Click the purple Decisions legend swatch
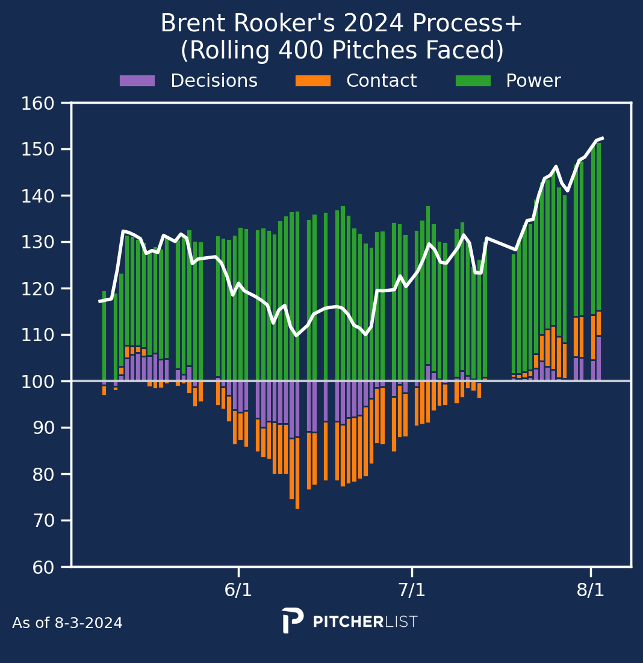tap(137, 81)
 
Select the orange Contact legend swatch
tap(313, 81)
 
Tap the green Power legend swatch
tap(473, 81)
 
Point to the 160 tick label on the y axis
tap(38, 103)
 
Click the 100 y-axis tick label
tap(38, 382)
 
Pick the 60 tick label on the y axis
tap(43, 567)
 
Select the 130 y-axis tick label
tap(38, 242)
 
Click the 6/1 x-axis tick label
tap(238, 590)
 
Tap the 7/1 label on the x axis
tap(412, 590)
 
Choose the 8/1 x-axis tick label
tap(591, 590)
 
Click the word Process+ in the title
tap(467, 24)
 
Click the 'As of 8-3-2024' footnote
tap(67, 623)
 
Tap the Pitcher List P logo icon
tap(293, 620)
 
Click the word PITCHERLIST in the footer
tap(365, 621)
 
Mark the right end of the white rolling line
tap(603, 138)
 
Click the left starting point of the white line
tap(100, 301)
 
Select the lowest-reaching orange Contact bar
tap(297, 473)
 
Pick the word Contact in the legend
tap(382, 81)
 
